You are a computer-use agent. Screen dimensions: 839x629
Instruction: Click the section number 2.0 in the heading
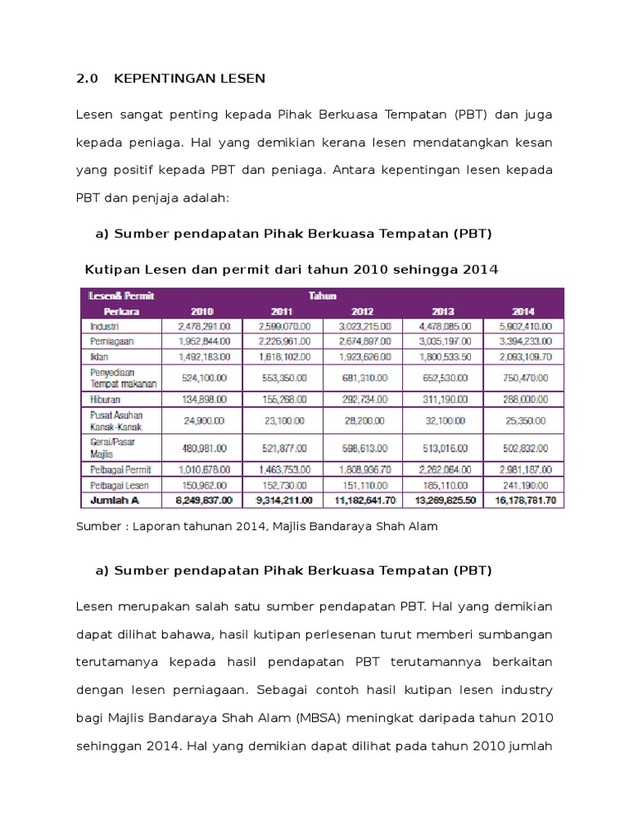(x=86, y=79)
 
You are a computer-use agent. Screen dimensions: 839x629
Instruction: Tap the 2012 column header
(x=363, y=311)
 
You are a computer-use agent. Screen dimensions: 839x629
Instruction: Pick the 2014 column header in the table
(x=523, y=311)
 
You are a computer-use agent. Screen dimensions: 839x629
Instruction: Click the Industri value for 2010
(x=202, y=325)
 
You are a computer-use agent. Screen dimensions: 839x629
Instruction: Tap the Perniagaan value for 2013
(x=443, y=340)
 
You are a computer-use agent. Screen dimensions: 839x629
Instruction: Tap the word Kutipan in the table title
(x=112, y=270)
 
